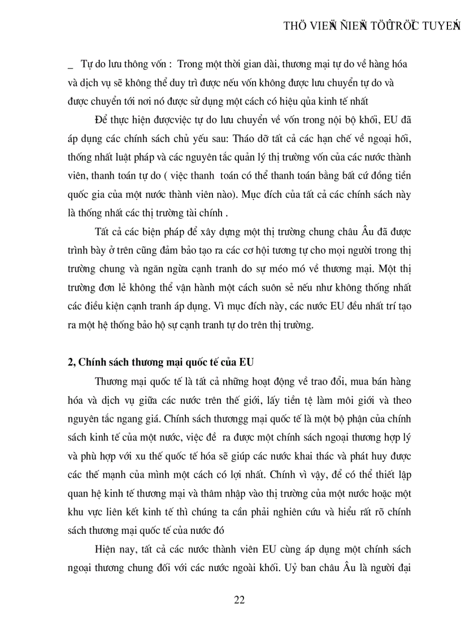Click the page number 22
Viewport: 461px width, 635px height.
(239, 600)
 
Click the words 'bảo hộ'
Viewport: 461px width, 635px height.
(155, 325)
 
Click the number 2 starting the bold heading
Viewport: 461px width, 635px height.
(63, 362)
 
